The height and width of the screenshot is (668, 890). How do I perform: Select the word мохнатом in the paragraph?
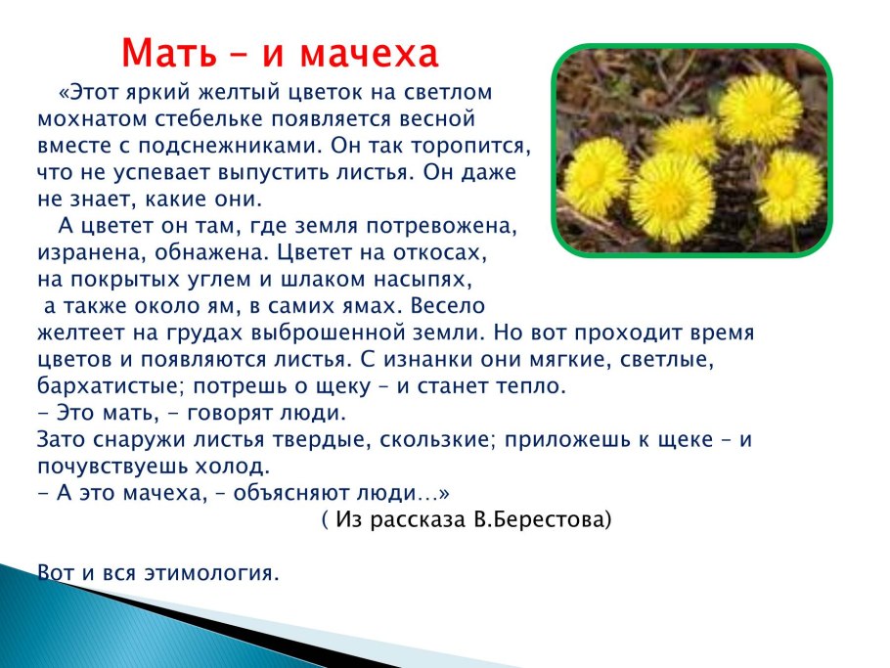(x=80, y=119)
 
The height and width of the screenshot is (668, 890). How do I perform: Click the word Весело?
(x=448, y=305)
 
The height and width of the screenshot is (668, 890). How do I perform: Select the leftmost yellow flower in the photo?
(x=595, y=176)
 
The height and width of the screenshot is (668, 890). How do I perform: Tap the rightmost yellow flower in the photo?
(x=790, y=186)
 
